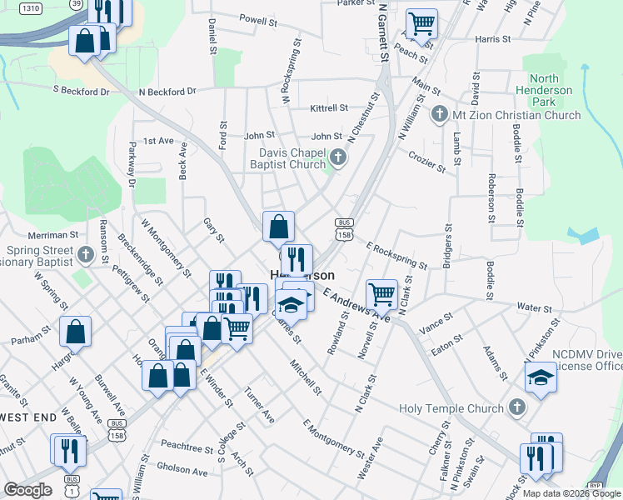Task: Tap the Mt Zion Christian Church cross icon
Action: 440,113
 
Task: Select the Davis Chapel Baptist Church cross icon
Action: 337,157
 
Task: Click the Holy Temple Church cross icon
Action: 516,407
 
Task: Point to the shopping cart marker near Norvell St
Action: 381,293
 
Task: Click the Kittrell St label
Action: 328,108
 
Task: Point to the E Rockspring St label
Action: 396,255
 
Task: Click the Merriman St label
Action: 52,235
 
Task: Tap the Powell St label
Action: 257,19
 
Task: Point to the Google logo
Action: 27,490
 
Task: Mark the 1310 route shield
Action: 31,7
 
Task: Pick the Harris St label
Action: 492,38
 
